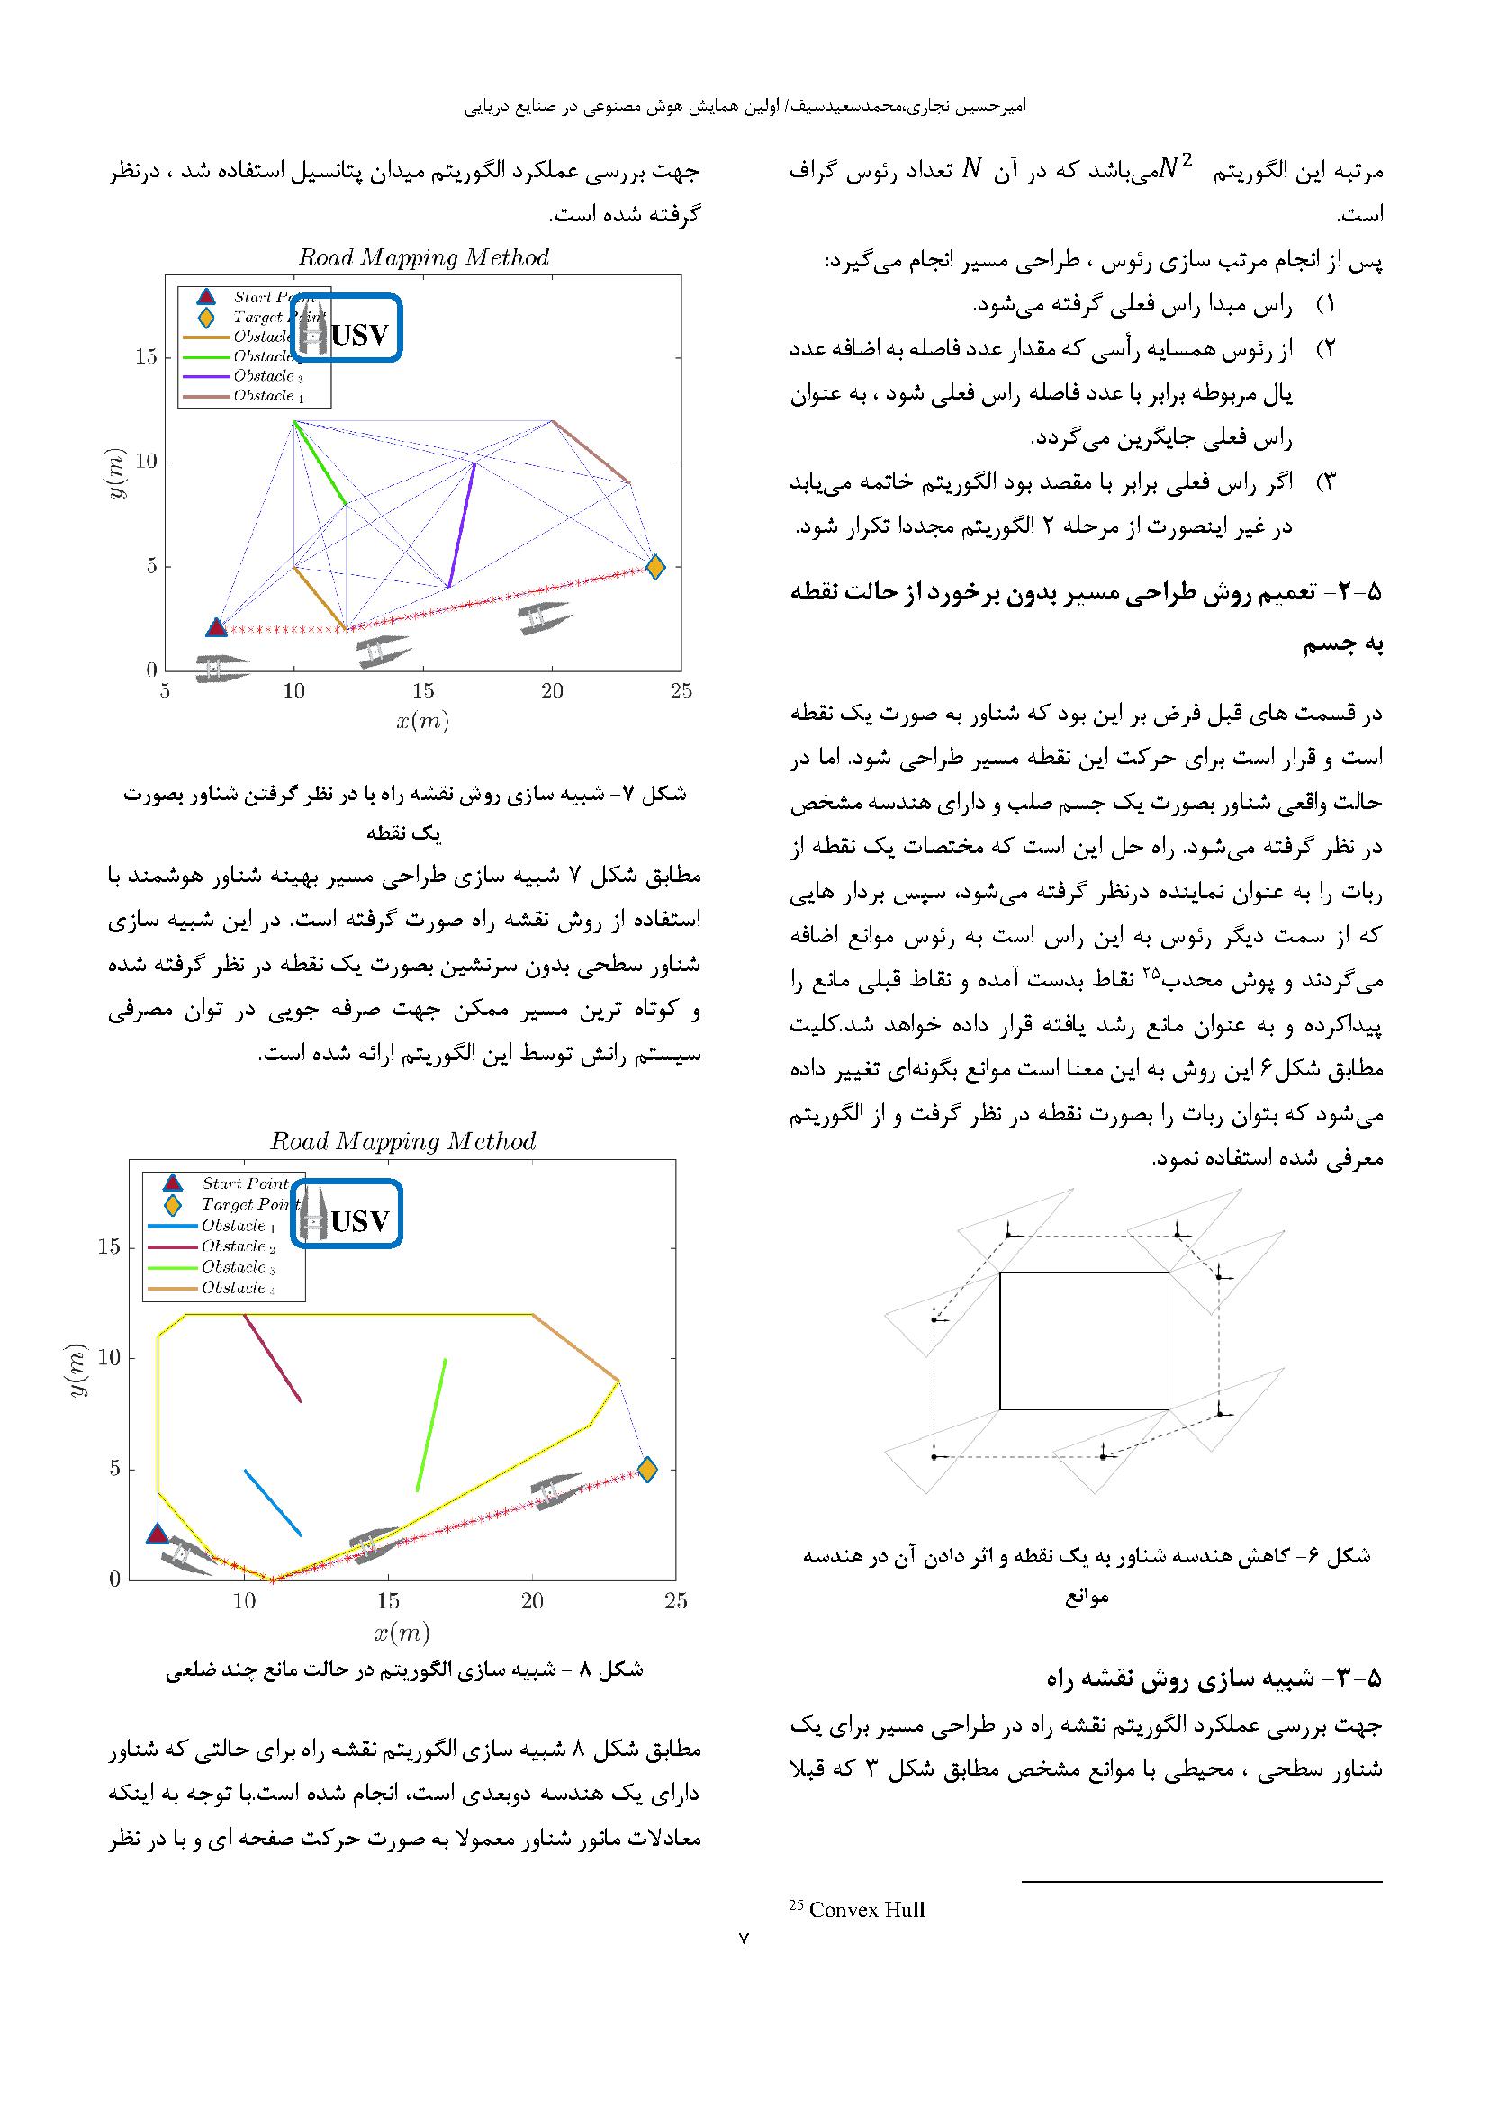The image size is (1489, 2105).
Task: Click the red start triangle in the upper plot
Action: tap(215, 628)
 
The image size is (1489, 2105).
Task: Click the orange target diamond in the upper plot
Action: tap(654, 567)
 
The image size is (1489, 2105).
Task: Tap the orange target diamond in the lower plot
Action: tap(646, 1470)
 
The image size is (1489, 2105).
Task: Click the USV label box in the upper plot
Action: tap(347, 328)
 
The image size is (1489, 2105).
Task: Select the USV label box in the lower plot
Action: tap(347, 1213)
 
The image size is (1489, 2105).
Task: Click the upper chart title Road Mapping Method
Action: tap(424, 257)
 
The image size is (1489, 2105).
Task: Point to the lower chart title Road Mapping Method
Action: tap(402, 1141)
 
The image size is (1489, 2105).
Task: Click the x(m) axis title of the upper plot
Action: tap(423, 722)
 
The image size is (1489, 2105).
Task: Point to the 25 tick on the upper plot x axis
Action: tap(681, 691)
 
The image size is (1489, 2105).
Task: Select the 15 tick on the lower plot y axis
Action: tap(109, 1246)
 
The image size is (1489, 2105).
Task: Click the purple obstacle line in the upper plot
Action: tap(461, 526)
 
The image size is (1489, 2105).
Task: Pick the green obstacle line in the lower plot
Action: tap(431, 1425)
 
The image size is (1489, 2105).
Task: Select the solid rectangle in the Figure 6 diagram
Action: tap(1084, 1340)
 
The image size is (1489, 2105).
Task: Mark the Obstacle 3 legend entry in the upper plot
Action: tap(266, 376)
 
